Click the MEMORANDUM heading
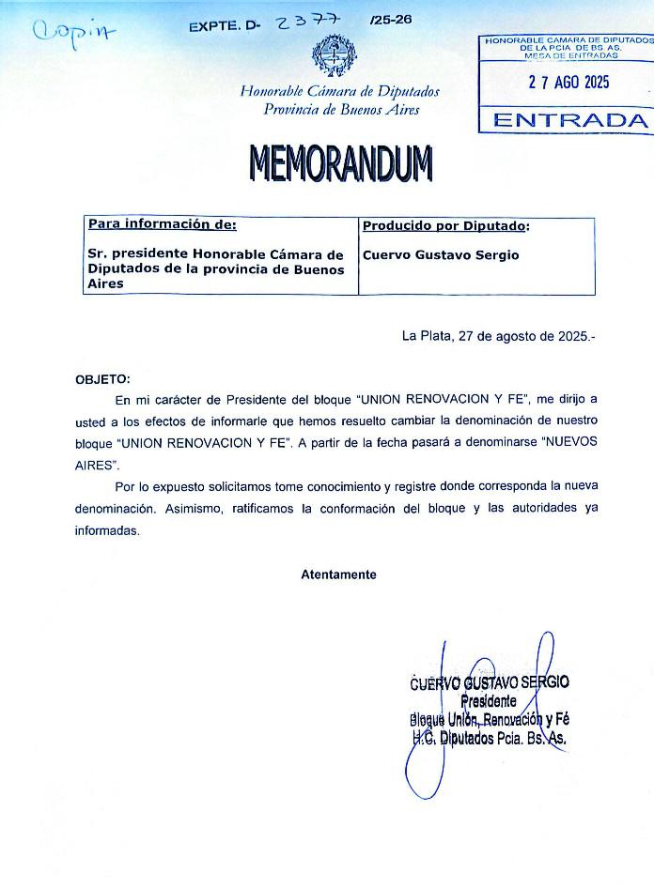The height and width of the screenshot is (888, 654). [x=340, y=163]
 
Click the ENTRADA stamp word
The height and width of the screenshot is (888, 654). [x=570, y=120]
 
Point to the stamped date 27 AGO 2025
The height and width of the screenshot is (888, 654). [x=568, y=82]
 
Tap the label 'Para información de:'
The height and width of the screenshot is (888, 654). [x=162, y=224]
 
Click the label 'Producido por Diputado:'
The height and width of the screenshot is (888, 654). [x=445, y=226]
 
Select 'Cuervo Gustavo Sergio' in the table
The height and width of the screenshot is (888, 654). [x=440, y=254]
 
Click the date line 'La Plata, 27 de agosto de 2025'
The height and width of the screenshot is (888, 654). [x=498, y=335]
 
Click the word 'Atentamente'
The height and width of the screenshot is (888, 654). [x=338, y=574]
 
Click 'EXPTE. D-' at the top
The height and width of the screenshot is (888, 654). [x=223, y=27]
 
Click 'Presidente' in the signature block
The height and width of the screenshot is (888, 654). [x=488, y=701]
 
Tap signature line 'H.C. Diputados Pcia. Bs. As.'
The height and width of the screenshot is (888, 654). [x=490, y=738]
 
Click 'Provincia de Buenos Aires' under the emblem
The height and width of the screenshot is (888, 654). [x=341, y=109]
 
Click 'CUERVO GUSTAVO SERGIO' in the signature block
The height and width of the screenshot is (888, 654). [x=490, y=683]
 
